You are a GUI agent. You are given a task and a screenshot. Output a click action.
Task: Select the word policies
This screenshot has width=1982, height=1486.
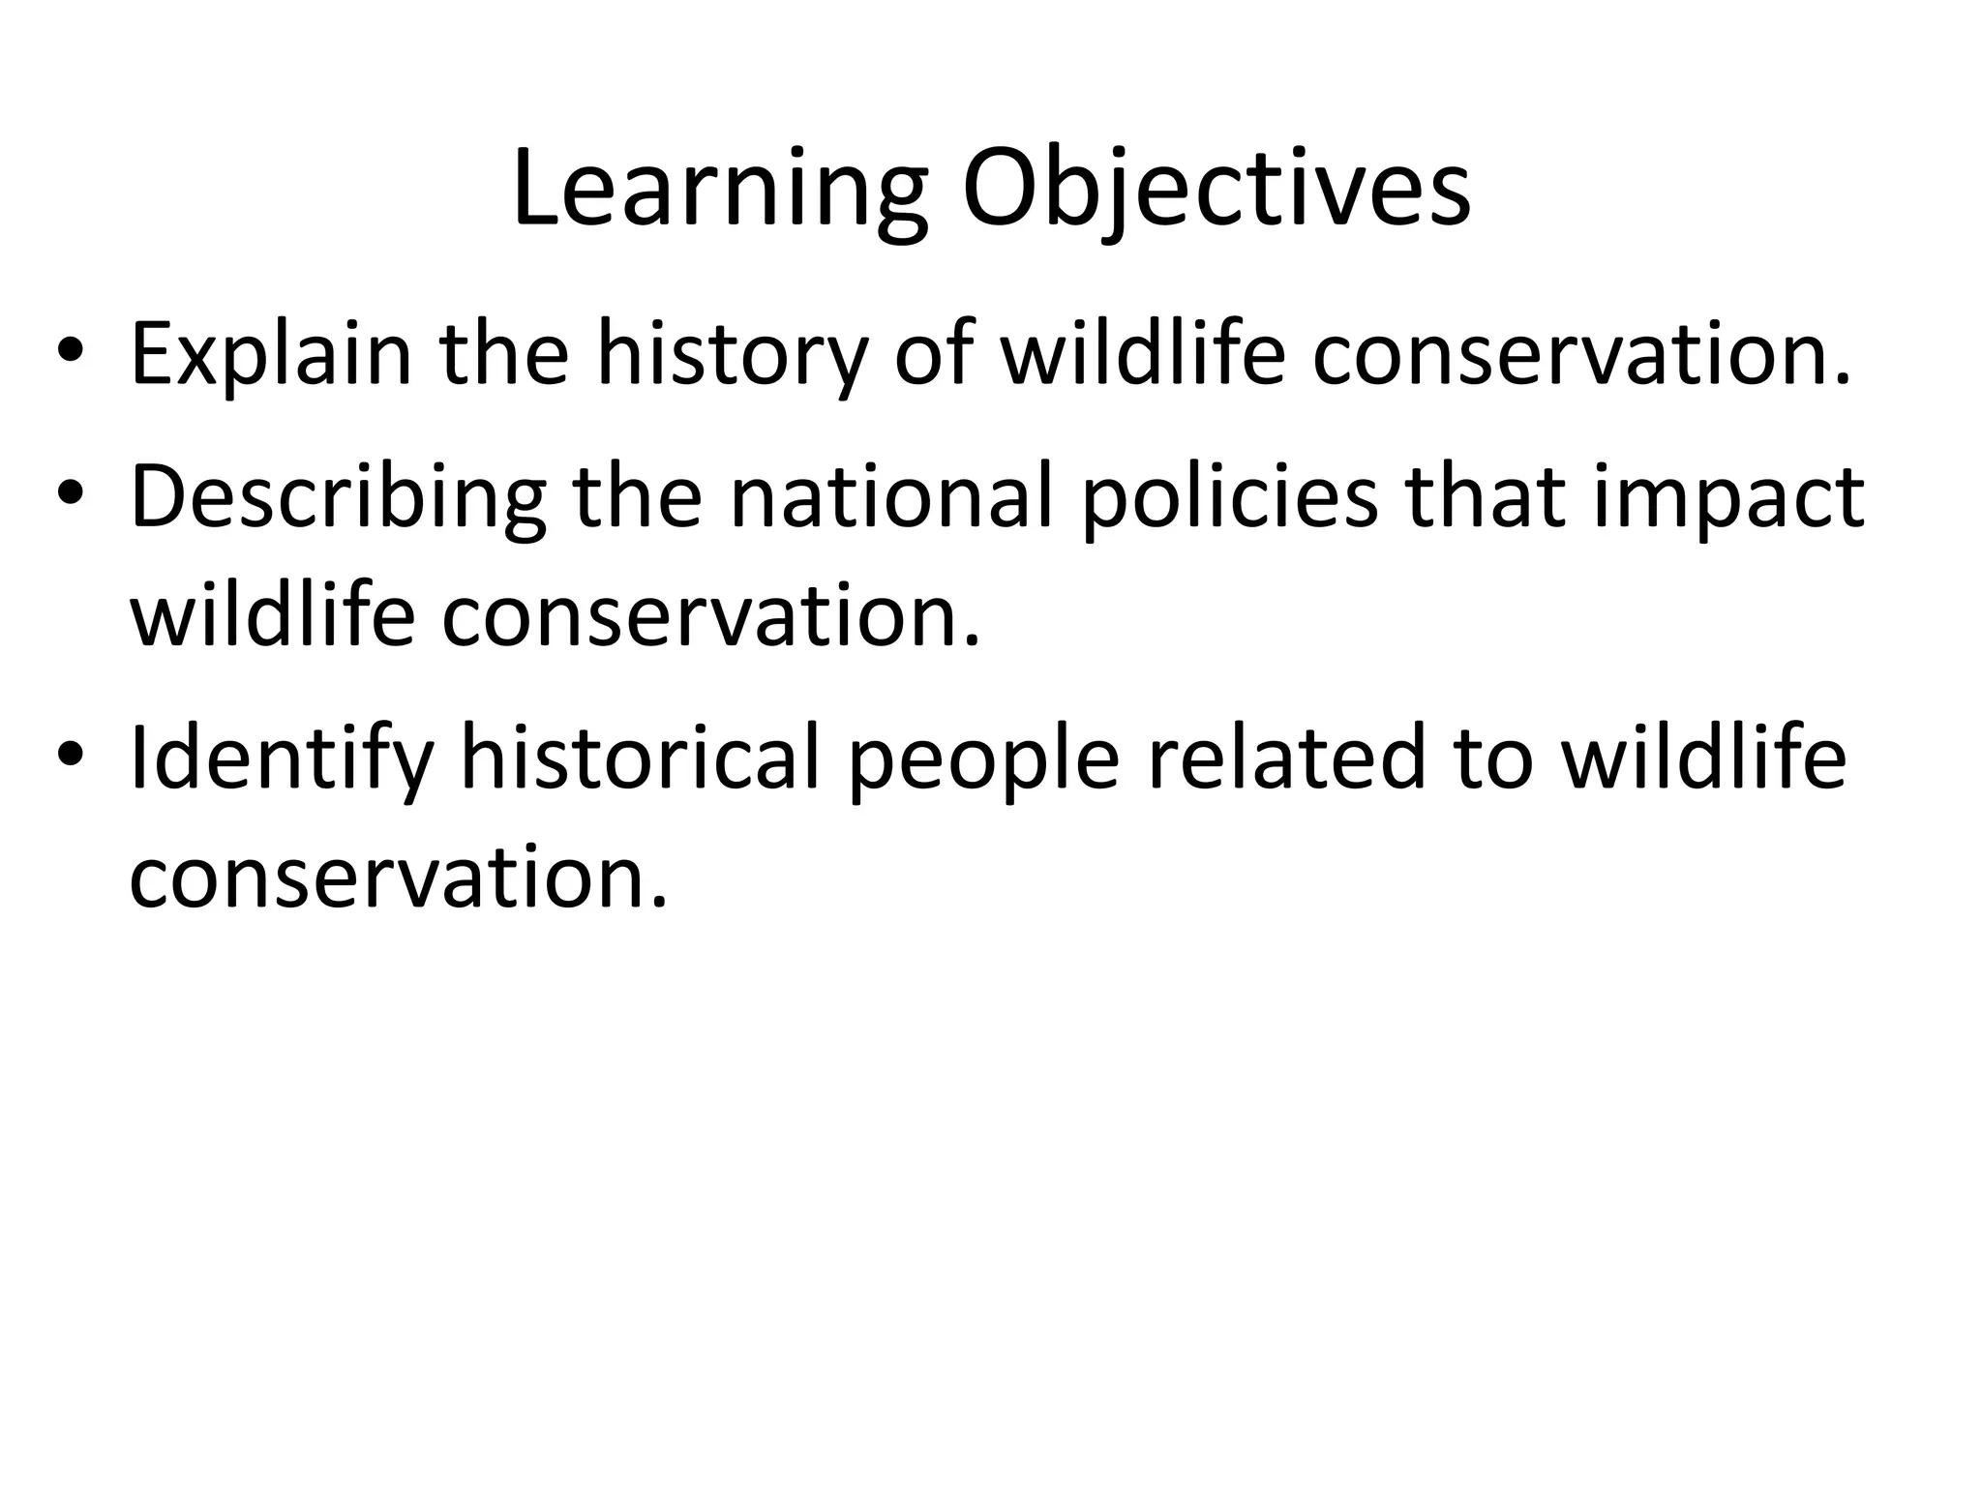click(1228, 497)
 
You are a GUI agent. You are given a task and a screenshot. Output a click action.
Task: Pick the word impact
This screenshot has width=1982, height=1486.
click(1727, 497)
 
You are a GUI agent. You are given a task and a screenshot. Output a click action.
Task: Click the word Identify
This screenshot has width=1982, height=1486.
click(282, 758)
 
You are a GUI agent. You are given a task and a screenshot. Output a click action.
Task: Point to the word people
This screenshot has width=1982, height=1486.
click(982, 758)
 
